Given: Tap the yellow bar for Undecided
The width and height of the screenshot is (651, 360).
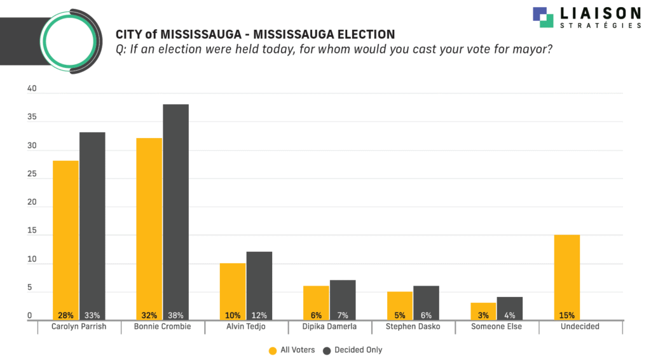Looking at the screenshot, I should pos(566,277).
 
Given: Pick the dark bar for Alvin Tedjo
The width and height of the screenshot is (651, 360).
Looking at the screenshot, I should pos(259,286).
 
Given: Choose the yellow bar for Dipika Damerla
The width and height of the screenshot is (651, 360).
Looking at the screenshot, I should pos(316,303).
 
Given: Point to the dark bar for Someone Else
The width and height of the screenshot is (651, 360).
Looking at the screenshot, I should pos(509,308).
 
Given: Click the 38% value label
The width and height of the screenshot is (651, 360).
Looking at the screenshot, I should pos(175,315).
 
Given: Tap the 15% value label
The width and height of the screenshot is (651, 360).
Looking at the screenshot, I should pos(566,315).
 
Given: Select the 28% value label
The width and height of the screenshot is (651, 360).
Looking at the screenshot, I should pos(65,315).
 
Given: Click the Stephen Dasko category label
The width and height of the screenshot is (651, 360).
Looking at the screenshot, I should pos(413,327).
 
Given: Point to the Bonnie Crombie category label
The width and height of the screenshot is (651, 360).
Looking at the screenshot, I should pos(163,327).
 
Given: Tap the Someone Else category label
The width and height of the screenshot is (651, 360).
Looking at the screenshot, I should pos(497,327).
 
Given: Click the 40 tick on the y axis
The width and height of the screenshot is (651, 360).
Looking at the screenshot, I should pos(32,90).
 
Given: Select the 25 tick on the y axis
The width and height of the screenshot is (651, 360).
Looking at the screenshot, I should pos(32,175).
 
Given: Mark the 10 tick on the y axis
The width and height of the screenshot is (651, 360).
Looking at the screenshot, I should pos(32,260).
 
